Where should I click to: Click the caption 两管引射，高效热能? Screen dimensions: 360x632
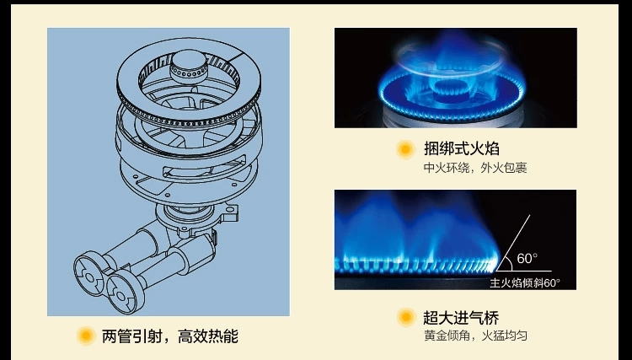tap(169, 336)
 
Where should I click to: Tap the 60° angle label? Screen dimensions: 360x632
tap(527, 258)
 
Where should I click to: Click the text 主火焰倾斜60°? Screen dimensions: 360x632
tap(524, 282)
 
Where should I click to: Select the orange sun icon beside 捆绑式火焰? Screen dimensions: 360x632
tap(405, 150)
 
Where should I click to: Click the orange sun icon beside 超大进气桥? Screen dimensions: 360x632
tap(405, 318)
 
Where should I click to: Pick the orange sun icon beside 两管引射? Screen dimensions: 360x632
tap(84, 336)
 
